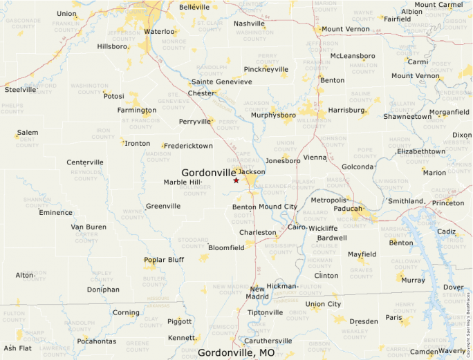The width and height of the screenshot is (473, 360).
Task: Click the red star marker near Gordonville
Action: coord(236,180)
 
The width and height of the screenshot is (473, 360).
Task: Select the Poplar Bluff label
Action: coord(164,260)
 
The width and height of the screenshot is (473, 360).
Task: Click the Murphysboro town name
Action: coord(273,115)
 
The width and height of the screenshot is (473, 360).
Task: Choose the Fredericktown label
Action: coord(188,146)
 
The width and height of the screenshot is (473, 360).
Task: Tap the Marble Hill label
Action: coord(183,182)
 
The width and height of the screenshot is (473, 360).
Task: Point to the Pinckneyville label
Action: coord(266,70)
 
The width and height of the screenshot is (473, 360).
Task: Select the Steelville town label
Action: coord(21,89)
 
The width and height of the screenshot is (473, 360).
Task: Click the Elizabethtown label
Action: coord(420,151)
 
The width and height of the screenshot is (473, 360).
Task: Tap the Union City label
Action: coord(323,304)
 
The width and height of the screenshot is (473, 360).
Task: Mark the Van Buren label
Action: coord(89,227)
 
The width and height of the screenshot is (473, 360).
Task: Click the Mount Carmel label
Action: coord(438,5)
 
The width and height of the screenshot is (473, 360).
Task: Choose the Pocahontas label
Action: coord(96,341)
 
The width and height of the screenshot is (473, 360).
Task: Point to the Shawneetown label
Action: coord(407,117)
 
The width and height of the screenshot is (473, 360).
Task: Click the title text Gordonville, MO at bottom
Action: coord(236,352)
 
